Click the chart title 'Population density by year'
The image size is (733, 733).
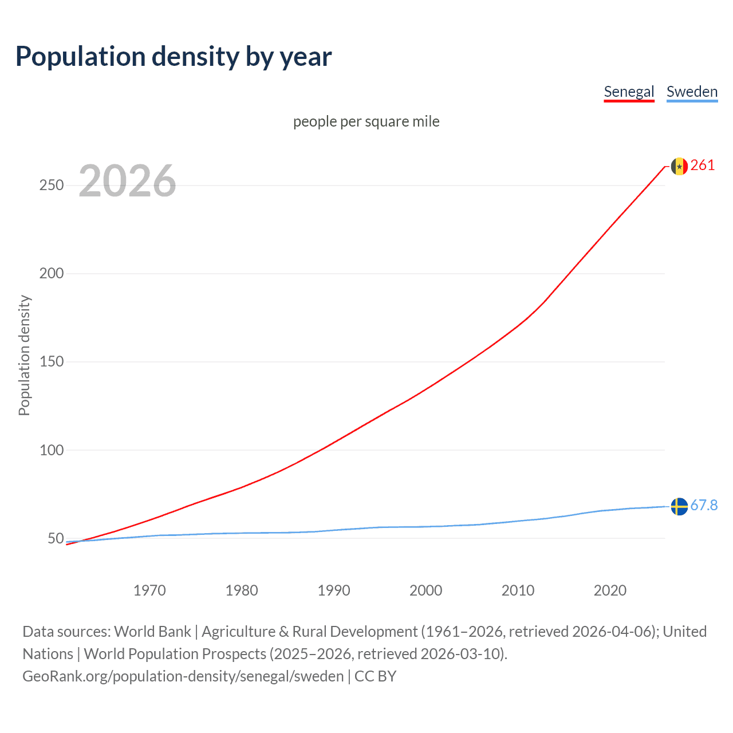coord(174,57)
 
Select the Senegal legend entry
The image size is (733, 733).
coord(629,92)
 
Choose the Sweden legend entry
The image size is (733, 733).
coord(692,92)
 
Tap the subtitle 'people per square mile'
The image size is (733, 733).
coord(366,121)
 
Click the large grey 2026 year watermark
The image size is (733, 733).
coord(127,181)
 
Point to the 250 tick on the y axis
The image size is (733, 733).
coord(52,185)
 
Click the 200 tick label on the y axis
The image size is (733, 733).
coord(52,273)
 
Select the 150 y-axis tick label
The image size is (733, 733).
coord(52,361)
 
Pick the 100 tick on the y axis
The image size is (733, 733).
coord(52,450)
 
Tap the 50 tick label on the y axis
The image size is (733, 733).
coord(56,538)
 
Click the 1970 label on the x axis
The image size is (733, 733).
coord(149,590)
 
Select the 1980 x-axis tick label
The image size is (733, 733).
coord(242,590)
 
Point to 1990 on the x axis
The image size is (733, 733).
coord(334,590)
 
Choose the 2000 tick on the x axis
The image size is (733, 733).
coord(426,590)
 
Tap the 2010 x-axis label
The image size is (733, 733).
coord(518,590)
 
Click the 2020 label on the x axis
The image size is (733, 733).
coord(610,590)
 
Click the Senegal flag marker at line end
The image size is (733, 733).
coord(679,166)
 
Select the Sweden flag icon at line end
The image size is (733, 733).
coord(679,506)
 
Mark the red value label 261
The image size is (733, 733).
coord(703,165)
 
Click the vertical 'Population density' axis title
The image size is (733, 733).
coord(24,355)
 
